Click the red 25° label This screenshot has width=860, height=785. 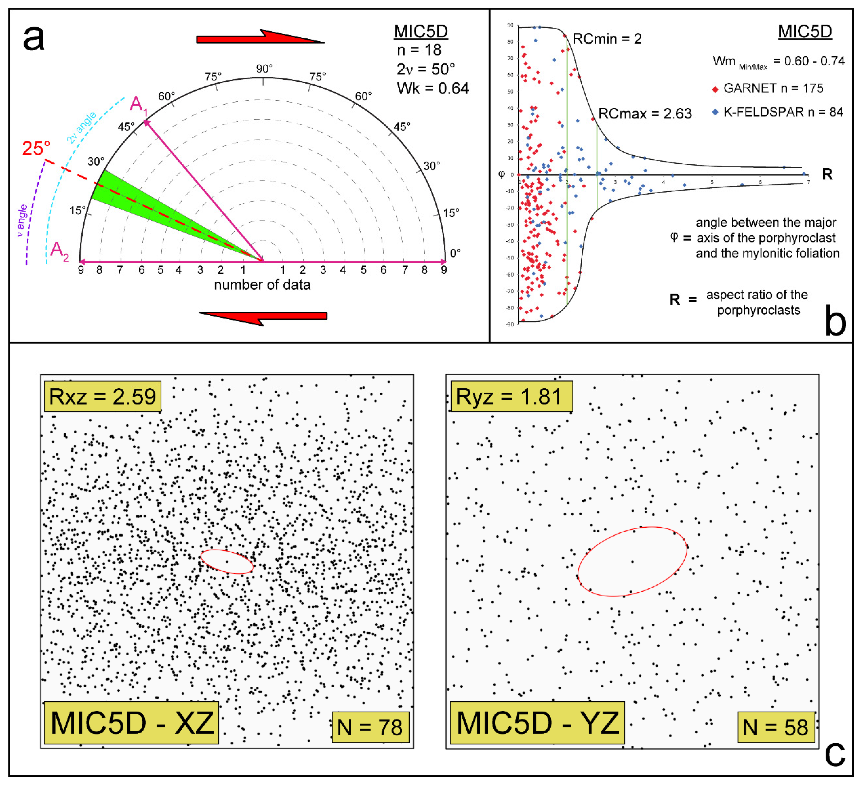(36, 148)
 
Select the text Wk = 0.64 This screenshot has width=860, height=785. (433, 88)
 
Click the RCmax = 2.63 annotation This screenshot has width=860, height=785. (645, 114)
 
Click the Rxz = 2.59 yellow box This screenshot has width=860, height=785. (102, 396)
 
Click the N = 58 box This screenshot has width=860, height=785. (775, 727)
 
